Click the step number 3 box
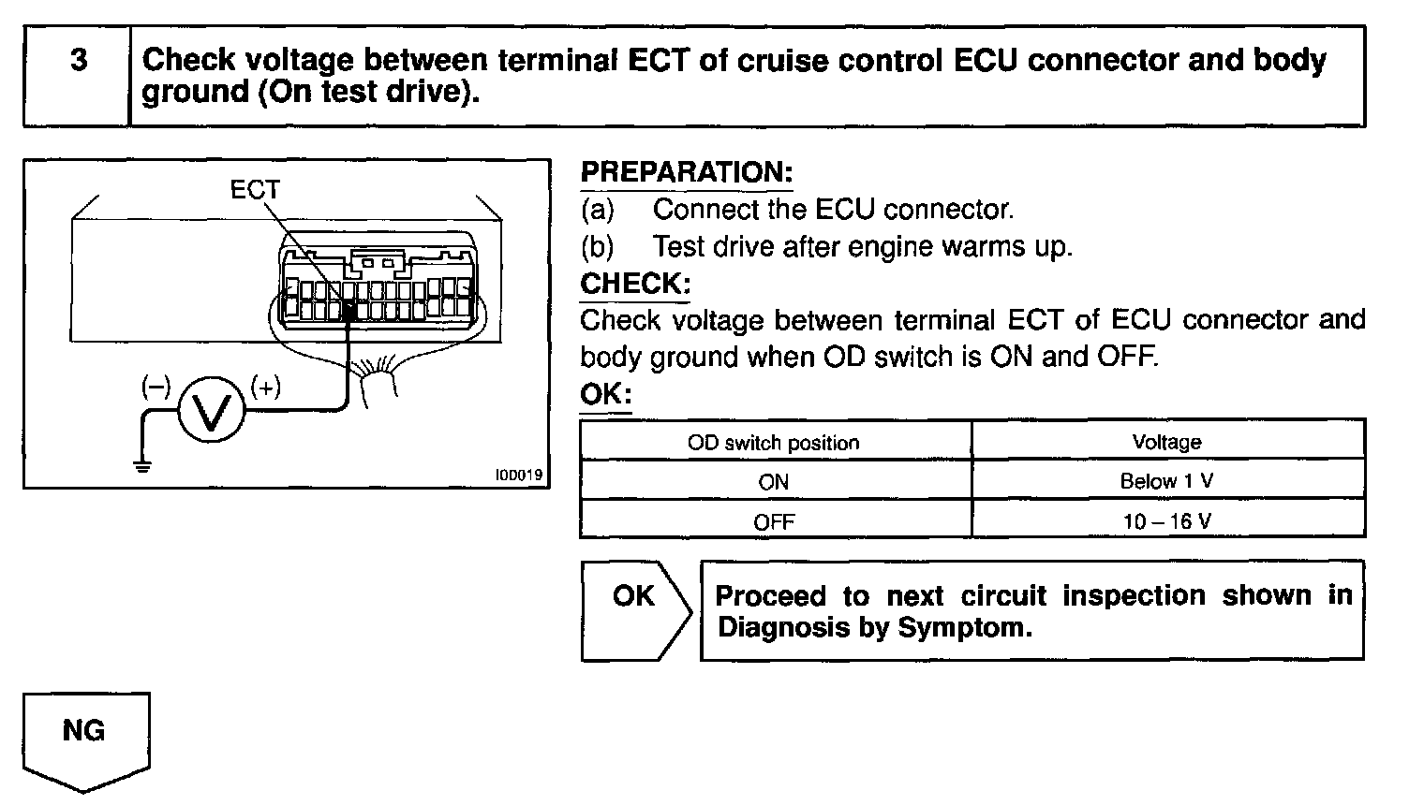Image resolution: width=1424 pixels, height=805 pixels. tap(77, 76)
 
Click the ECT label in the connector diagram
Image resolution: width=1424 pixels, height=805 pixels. tap(255, 190)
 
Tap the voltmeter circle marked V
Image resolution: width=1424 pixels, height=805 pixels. tap(212, 409)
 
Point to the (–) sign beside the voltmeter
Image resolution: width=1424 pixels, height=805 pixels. tap(156, 386)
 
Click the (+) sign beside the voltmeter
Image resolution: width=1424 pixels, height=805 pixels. tap(266, 386)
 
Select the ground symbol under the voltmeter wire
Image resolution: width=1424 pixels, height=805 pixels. tap(141, 465)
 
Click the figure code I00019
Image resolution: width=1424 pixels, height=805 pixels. tap(518, 475)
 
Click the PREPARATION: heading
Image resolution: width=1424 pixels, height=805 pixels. tap(687, 173)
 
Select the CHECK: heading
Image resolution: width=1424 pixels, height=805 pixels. tap(635, 284)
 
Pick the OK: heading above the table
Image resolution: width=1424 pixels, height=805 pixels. tap(605, 394)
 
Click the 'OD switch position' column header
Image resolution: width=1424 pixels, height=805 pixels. tap(774, 443)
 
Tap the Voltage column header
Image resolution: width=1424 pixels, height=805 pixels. tap(1166, 442)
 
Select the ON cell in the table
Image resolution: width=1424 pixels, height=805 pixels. tap(774, 482)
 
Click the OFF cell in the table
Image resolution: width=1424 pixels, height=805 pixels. tap(774, 521)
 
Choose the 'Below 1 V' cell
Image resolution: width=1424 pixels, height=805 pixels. tap(1166, 481)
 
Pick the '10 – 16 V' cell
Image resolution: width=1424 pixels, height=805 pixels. tap(1166, 521)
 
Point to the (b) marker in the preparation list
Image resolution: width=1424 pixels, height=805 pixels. tap(597, 246)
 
